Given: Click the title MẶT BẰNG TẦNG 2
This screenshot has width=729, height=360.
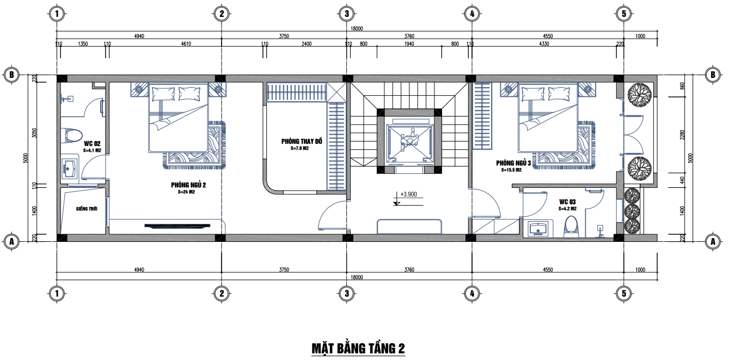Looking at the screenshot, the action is coord(358,348).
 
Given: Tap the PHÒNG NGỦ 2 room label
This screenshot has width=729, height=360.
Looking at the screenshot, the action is coord(188,185).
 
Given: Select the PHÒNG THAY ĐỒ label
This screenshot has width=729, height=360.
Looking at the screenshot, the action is coord(302,141).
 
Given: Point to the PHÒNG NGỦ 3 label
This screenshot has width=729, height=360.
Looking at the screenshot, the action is coord(513,163).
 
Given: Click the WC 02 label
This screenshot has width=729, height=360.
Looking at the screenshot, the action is coord(92,144).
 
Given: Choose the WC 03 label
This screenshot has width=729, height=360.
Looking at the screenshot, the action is coord(568,202).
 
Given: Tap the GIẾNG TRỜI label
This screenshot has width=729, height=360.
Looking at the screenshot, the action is coord(87,209).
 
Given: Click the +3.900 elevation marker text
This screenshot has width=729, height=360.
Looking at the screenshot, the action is coord(408,194).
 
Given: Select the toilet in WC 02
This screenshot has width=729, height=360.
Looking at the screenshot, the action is coord(72,136).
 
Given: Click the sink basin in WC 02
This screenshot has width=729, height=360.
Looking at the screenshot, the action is coord(70,168).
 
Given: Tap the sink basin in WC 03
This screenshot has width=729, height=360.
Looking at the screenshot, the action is coord(538,229).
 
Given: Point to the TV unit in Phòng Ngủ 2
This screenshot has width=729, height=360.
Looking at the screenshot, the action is coord(177,225).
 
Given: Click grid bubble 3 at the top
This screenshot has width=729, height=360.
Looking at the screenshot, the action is coord(347,14).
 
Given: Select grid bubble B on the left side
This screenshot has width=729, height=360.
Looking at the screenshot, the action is coord(11,75).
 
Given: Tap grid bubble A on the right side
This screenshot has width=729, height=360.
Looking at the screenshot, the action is coord(713,241).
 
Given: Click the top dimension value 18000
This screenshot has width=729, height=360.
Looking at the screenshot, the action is coord(357,29).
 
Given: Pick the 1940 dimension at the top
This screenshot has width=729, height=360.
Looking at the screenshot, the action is coord(409,44).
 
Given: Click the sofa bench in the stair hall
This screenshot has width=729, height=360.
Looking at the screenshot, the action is coord(409,226).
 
